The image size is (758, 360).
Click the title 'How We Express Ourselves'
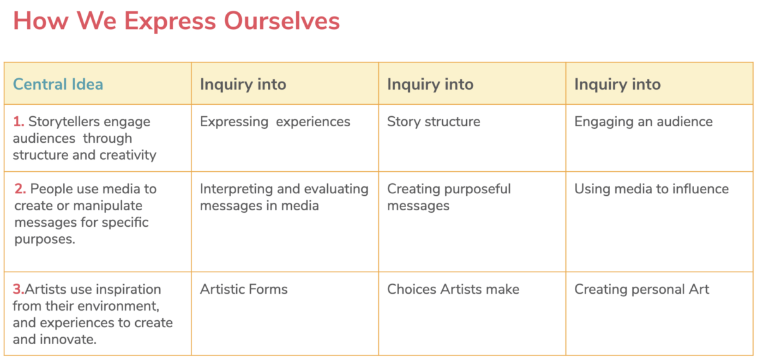pos(176,21)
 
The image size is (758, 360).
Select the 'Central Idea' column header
pos(58,84)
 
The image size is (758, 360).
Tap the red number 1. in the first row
pos(18,121)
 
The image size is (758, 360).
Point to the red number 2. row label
pos(20,189)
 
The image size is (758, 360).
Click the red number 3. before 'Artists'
pos(18,289)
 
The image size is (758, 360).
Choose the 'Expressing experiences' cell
pos(275,121)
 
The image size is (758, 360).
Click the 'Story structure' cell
pos(433,121)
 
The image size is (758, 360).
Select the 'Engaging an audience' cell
pos(643,121)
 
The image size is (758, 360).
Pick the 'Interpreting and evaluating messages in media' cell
pos(284,197)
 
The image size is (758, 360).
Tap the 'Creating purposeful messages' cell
pos(448,197)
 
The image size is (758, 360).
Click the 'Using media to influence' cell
pos(651,189)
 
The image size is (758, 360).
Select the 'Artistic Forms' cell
pos(244,289)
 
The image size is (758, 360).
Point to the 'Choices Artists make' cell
pos(453,289)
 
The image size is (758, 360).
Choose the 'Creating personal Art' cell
pos(641,289)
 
